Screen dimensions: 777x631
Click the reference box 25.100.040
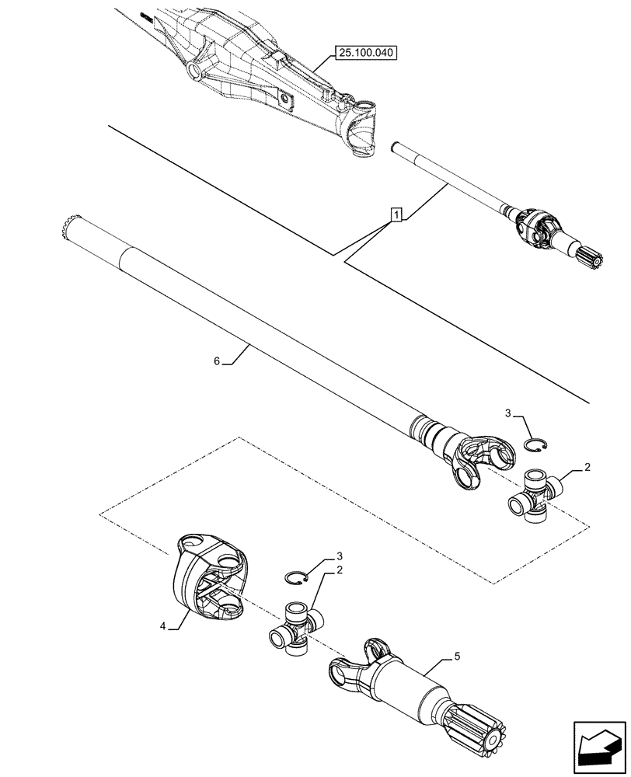click(x=366, y=53)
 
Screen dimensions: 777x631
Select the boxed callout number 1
click(x=396, y=214)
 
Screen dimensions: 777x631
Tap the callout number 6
click(x=217, y=361)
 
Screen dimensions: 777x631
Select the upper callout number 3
click(x=508, y=414)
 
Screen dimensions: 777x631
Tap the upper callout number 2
click(x=587, y=469)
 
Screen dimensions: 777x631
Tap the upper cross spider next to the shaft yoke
click(x=534, y=494)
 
